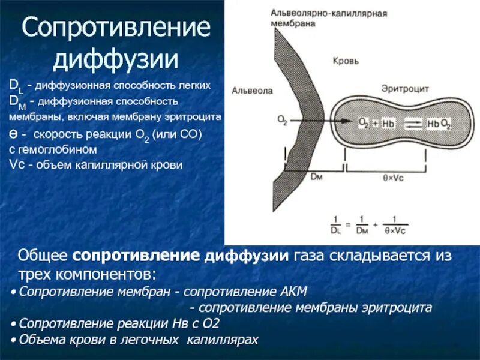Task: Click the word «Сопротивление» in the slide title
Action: point(116,29)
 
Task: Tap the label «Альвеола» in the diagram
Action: point(252,91)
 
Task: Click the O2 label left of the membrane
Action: point(282,121)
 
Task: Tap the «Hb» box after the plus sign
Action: point(389,123)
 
